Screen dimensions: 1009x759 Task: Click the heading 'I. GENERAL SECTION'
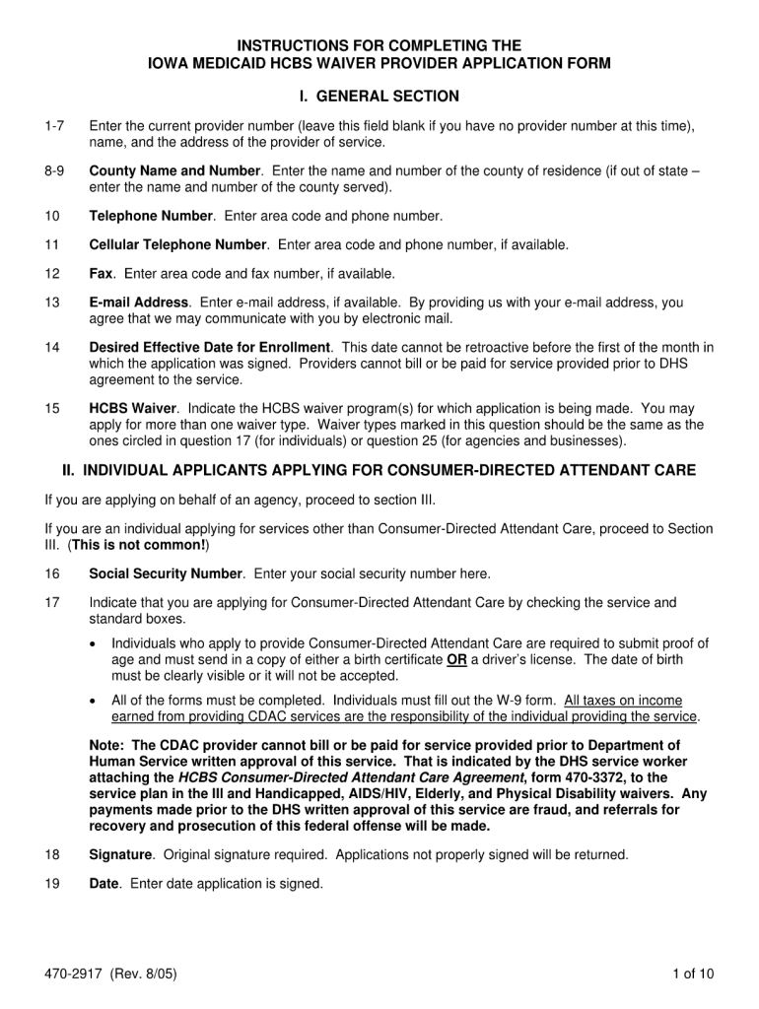coord(379,97)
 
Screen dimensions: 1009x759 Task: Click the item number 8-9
coord(55,170)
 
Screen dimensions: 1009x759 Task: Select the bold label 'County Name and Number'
coord(174,170)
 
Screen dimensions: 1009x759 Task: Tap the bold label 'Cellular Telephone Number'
coord(177,244)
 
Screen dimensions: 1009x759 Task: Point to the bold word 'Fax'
coord(102,273)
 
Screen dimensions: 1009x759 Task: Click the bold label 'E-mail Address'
coord(138,303)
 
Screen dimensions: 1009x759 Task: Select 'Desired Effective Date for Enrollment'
coord(211,348)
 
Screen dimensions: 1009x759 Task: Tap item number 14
coord(52,348)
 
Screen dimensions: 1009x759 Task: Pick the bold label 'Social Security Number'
coord(166,573)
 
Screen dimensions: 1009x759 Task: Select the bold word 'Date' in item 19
coord(103,884)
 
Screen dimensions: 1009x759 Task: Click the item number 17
coord(52,603)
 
